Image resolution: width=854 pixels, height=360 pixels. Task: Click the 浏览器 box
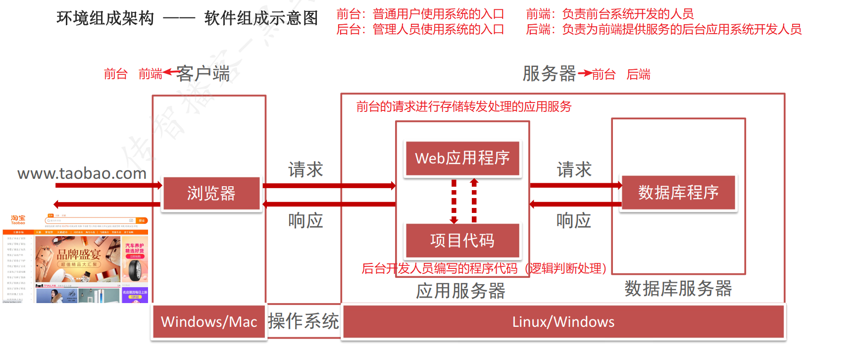[x=211, y=193]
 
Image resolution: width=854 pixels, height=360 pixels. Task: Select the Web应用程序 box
[x=462, y=158]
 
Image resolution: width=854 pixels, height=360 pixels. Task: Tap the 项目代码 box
[x=462, y=240]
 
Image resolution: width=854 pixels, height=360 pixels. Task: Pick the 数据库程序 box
[x=678, y=192]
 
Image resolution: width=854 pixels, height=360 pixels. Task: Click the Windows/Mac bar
[x=209, y=322]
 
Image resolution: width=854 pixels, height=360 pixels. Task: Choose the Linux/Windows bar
[x=563, y=322]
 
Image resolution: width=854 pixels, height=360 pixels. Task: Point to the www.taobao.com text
[x=82, y=173]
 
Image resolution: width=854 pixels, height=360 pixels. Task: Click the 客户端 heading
[x=203, y=74]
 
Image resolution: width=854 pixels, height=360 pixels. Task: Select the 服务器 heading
[x=549, y=74]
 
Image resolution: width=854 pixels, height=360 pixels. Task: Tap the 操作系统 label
[x=303, y=321]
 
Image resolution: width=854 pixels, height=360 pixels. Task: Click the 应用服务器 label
[x=460, y=291]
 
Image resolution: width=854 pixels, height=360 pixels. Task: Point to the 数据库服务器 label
[x=678, y=288]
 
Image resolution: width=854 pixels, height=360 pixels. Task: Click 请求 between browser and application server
[x=305, y=170]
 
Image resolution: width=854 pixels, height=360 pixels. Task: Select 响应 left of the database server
[x=574, y=220]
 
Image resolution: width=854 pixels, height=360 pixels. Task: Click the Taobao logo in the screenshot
[x=18, y=220]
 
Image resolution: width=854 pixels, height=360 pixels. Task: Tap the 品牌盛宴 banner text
[x=79, y=255]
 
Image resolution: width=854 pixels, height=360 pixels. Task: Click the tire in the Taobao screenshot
[x=135, y=270]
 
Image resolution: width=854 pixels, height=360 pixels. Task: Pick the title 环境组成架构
[x=105, y=18]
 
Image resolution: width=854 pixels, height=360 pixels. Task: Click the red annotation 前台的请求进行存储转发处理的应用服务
[x=464, y=106]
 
